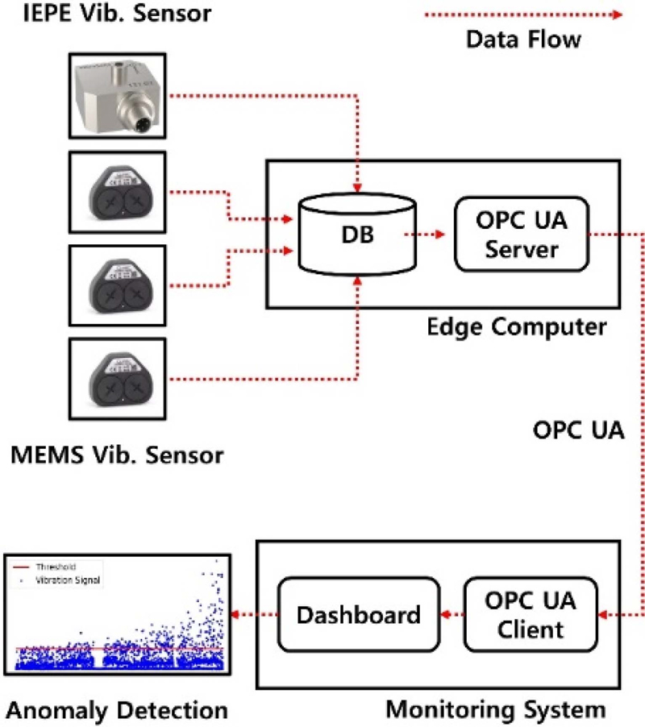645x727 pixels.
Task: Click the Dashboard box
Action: (x=358, y=615)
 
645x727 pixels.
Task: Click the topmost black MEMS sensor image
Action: (x=119, y=193)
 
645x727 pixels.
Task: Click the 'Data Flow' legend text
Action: (x=523, y=39)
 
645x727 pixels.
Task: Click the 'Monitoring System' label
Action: (x=495, y=709)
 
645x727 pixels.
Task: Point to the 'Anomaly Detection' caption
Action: (x=116, y=710)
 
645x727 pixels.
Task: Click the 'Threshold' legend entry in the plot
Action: (x=60, y=567)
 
